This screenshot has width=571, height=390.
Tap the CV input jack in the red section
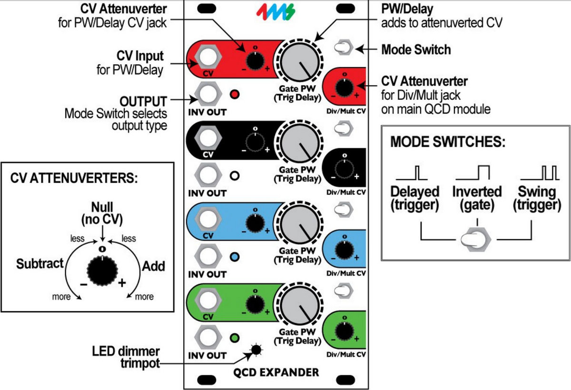(207, 58)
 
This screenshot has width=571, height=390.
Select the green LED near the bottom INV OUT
(234, 339)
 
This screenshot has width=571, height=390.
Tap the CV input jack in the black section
(207, 138)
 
